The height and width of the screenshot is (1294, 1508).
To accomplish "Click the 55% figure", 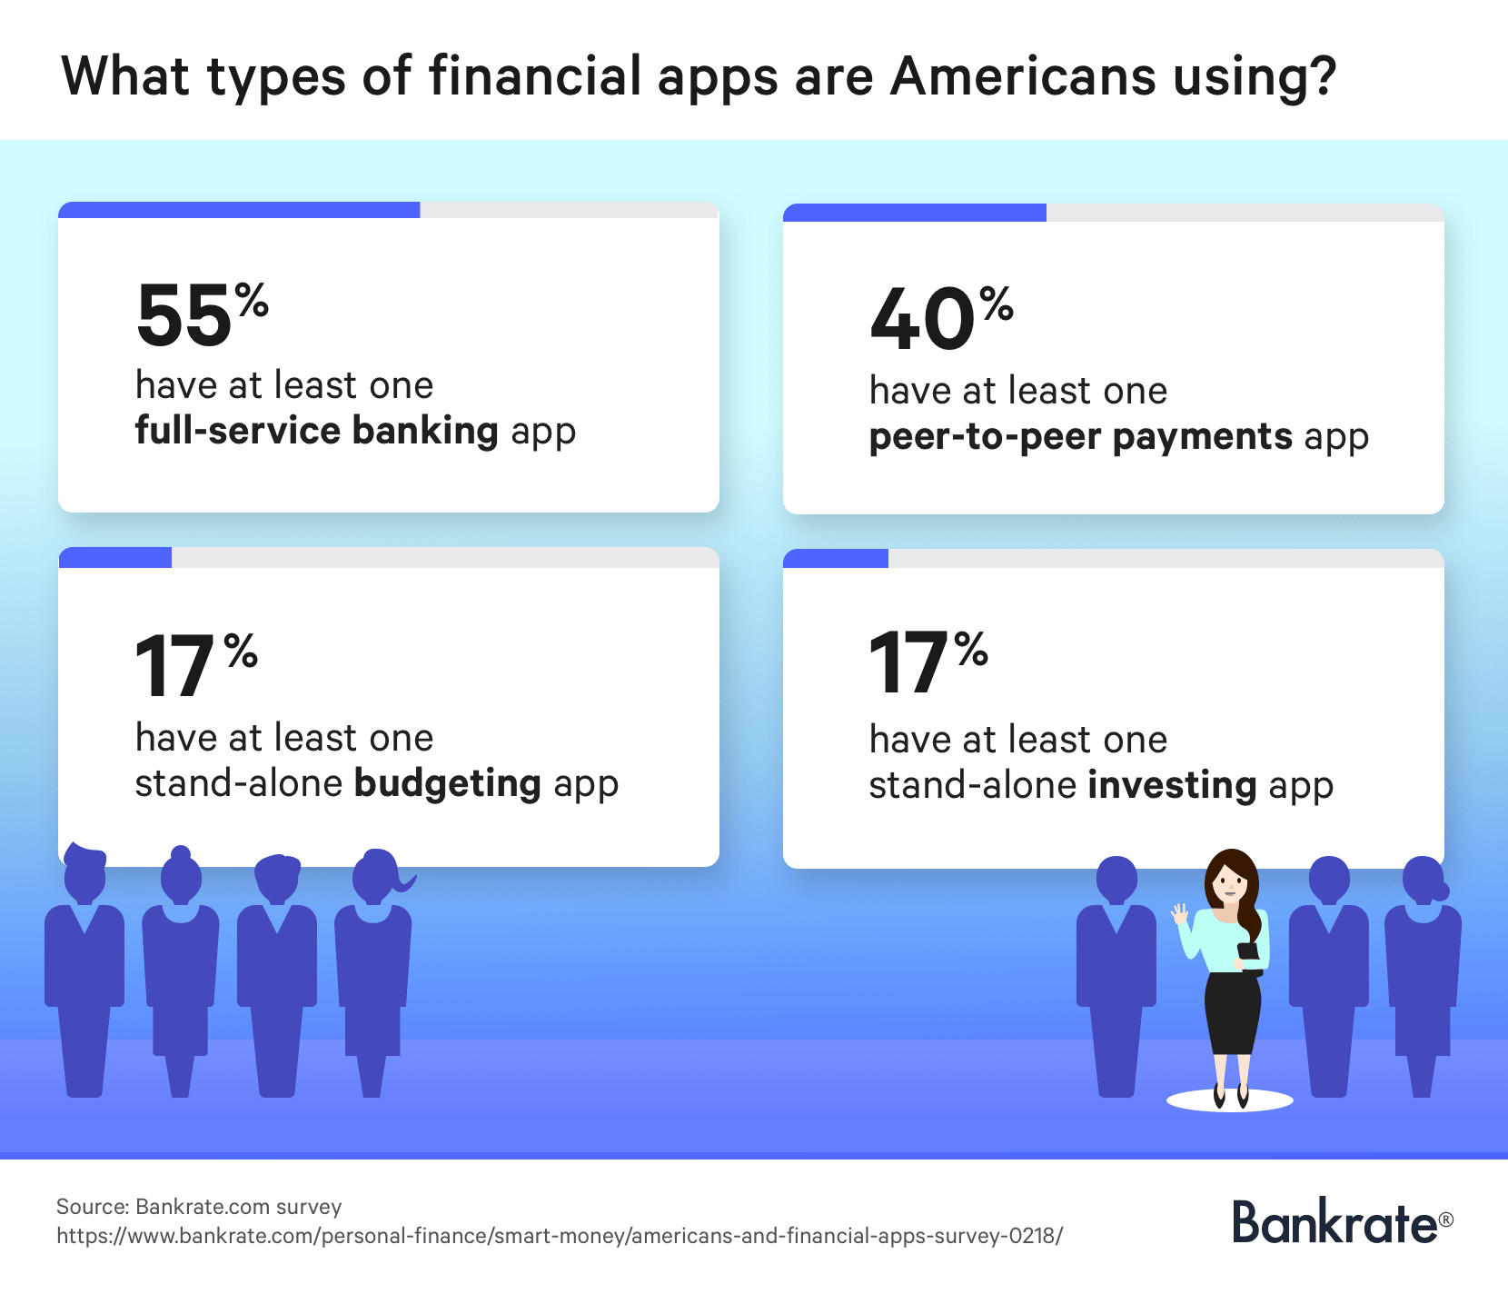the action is pyautogui.click(x=203, y=314).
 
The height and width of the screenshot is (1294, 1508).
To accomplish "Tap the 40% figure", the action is pyautogui.click(x=941, y=318).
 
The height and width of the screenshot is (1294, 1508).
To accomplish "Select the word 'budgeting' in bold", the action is pyautogui.click(x=448, y=783).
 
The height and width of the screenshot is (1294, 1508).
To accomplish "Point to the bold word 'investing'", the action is pyautogui.click(x=1172, y=785).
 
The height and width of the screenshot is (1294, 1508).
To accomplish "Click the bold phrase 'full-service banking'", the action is pyautogui.click(x=317, y=430).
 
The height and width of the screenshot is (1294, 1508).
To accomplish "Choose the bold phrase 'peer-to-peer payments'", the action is pyautogui.click(x=1081, y=437).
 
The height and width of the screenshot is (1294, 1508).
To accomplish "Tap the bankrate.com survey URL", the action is pyautogui.click(x=560, y=1236).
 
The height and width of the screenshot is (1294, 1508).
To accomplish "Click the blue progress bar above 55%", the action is pyautogui.click(x=239, y=210).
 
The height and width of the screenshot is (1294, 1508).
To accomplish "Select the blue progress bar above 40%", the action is pyautogui.click(x=915, y=213).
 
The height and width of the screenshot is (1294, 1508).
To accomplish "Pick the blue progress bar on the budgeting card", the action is pyautogui.click(x=115, y=557).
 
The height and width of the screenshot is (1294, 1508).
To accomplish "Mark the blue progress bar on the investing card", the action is pyautogui.click(x=836, y=559).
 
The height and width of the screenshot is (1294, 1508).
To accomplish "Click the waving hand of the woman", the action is pyautogui.click(x=1180, y=913).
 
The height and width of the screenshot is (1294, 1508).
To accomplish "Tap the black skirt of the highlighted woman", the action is pyautogui.click(x=1233, y=1013).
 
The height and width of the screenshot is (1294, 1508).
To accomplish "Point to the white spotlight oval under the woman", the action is pyautogui.click(x=1229, y=1101).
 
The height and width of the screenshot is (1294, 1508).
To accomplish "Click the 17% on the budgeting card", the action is pyautogui.click(x=196, y=666).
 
